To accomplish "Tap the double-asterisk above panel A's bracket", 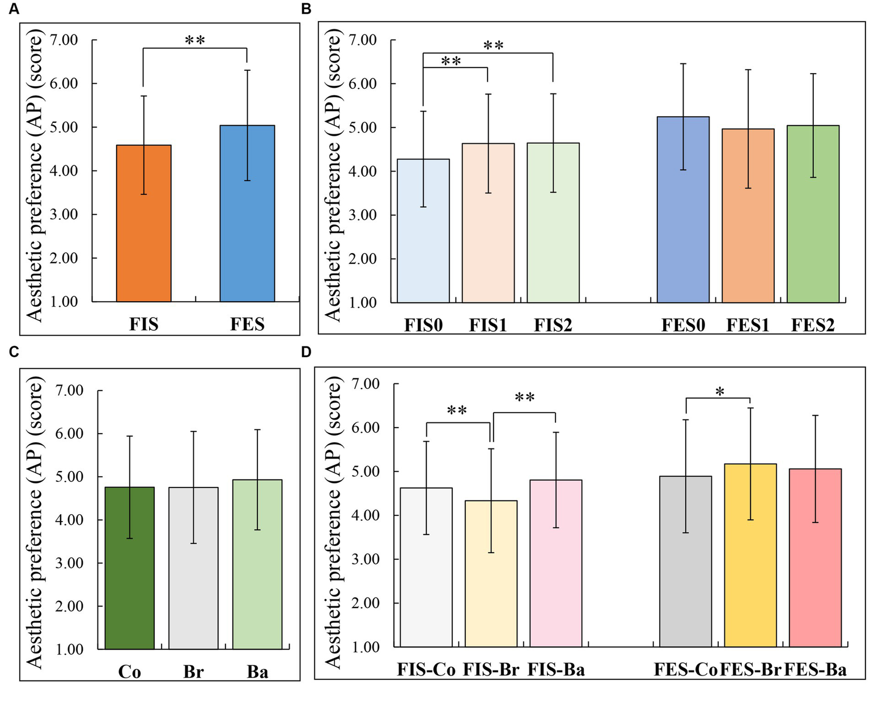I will (x=195, y=41).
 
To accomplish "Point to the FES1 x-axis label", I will (x=748, y=326).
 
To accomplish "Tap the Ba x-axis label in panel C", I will (x=257, y=672).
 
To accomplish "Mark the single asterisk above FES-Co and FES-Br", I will (x=720, y=392).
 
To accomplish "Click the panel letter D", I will (x=306, y=352).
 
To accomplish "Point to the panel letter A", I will (x=14, y=9).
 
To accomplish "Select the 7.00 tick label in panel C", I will (x=69, y=391).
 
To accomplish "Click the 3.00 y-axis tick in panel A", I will (x=63, y=215).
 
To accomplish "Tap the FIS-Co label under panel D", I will (x=426, y=670).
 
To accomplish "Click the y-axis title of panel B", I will (x=333, y=176).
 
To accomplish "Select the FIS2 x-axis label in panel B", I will (x=553, y=326).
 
